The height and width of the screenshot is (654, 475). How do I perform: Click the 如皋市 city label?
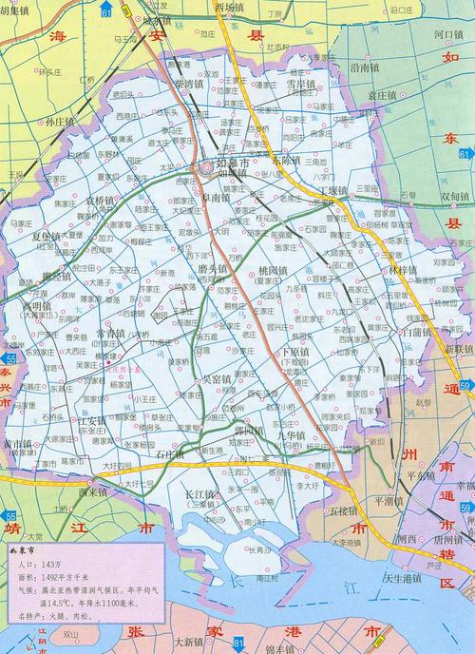234,163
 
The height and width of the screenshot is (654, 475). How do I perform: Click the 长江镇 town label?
200,495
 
